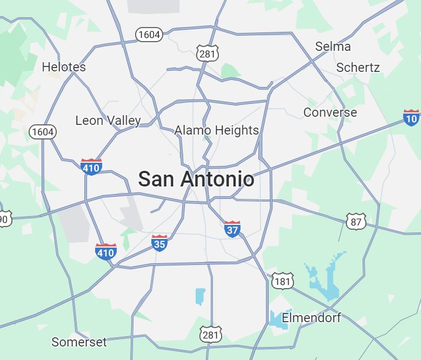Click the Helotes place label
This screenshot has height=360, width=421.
tap(64, 67)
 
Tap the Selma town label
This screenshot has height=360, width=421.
tap(333, 46)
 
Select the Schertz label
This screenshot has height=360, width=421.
tap(358, 68)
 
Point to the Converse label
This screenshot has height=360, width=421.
tap(330, 112)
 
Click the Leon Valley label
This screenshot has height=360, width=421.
tap(108, 121)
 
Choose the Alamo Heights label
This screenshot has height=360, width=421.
tap(217, 130)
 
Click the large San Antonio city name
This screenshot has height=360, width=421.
tap(196, 179)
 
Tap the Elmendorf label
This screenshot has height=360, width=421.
tap(311, 317)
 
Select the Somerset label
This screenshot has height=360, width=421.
tap(79, 342)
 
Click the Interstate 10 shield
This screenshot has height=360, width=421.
tap(411, 117)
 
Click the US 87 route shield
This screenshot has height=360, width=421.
tap(356, 221)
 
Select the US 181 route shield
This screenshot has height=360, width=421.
tap(283, 281)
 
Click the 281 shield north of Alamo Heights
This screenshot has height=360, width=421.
tap(208, 53)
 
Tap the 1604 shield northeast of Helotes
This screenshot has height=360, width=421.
tap(149, 35)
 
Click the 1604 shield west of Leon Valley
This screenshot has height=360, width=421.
tap(43, 131)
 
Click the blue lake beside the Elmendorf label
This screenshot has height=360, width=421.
tap(277, 318)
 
